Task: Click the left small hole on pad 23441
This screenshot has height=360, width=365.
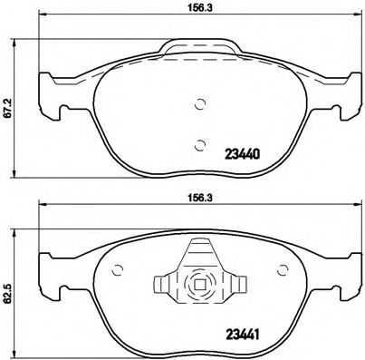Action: (x=117, y=268)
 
